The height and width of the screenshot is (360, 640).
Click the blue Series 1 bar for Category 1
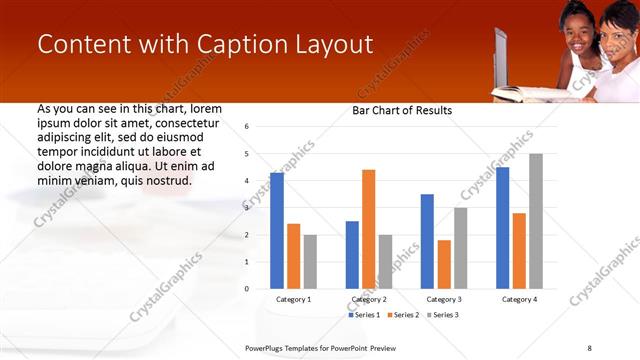click(277, 231)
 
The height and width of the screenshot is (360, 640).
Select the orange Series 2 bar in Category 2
click(369, 229)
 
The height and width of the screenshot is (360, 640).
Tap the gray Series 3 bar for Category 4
click(536, 221)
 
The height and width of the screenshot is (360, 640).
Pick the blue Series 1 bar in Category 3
click(427, 241)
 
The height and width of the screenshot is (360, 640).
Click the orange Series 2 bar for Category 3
click(444, 264)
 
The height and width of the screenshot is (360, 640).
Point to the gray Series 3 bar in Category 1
click(310, 262)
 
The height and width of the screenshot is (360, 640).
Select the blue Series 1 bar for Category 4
click(502, 228)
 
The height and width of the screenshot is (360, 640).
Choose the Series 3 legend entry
click(443, 315)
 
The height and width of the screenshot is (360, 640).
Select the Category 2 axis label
click(369, 299)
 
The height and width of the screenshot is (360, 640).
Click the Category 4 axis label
click(519, 299)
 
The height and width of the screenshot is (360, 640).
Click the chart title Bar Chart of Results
click(402, 110)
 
